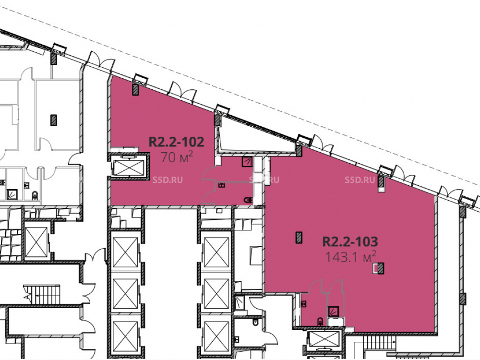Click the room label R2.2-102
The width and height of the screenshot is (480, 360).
[176, 142]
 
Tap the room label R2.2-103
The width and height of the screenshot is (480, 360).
[350, 241]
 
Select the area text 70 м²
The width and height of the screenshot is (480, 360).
[177, 157]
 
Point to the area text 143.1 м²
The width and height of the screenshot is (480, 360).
[350, 257]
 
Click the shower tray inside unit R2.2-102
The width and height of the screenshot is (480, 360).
[247, 162]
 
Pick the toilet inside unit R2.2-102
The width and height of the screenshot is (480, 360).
[248, 200]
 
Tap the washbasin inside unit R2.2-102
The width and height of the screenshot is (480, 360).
[221, 185]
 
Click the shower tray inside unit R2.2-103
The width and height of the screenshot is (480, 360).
[334, 312]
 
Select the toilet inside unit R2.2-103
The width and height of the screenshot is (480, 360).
[320, 321]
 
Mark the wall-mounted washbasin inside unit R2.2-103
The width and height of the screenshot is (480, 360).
[304, 304]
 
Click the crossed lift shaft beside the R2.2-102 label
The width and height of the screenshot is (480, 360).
[129, 168]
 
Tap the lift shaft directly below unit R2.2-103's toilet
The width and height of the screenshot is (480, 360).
[324, 340]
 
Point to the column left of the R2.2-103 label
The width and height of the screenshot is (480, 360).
[299, 238]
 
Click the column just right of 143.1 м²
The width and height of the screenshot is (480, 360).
[380, 268]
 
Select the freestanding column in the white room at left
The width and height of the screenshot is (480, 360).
[54, 120]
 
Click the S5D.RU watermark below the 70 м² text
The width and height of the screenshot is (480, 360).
[168, 180]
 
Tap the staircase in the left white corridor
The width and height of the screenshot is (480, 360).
[42, 294]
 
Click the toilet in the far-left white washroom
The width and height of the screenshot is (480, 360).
[35, 195]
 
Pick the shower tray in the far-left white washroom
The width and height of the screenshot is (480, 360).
[12, 194]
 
